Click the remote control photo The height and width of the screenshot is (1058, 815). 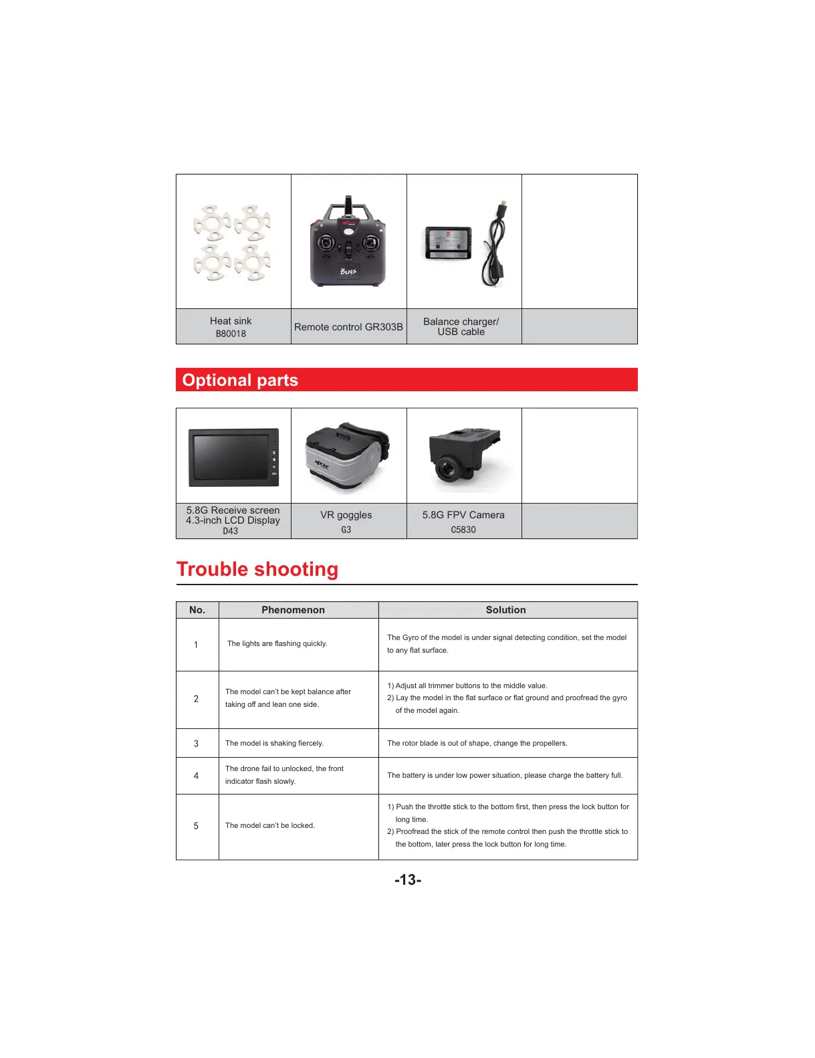(348, 242)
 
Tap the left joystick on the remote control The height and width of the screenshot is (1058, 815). (326, 244)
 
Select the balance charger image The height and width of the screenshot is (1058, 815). (448, 243)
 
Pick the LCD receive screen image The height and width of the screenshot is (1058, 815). (233, 457)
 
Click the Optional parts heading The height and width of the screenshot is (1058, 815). (240, 380)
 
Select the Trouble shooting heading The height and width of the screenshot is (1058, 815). (257, 569)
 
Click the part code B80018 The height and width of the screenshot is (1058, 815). (231, 334)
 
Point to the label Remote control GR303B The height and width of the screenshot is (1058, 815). (348, 327)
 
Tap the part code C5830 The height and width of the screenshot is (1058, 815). (463, 530)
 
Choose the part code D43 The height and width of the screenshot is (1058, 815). (230, 531)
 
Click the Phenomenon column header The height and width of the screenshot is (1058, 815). (293, 610)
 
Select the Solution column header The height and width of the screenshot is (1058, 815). (505, 610)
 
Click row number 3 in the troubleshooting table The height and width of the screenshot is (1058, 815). (196, 744)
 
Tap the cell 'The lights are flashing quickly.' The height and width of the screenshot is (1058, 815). (277, 644)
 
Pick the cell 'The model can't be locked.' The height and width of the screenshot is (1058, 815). (270, 826)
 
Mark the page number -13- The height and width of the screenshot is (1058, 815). (408, 880)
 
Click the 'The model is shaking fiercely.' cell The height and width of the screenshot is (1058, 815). (274, 744)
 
